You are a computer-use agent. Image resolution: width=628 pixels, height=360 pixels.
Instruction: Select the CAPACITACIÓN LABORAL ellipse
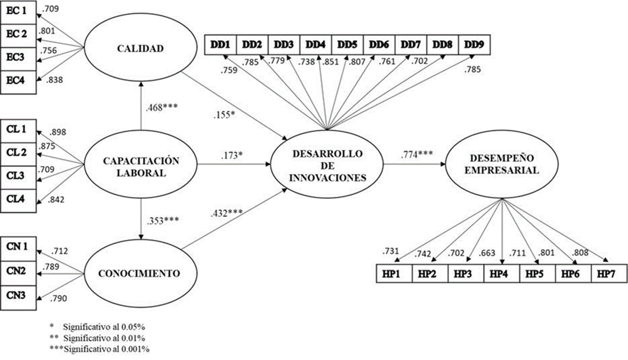coord(140,165)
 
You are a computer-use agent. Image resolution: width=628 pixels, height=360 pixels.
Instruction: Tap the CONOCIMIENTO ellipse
coord(140,274)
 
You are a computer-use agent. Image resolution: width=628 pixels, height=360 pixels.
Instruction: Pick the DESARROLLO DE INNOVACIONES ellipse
coord(327,164)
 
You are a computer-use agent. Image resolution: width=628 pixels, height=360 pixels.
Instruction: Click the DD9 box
coord(474,44)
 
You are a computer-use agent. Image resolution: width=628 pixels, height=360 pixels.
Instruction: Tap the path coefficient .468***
coord(161,107)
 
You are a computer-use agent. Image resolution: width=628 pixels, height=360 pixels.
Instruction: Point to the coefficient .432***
coord(226,211)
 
